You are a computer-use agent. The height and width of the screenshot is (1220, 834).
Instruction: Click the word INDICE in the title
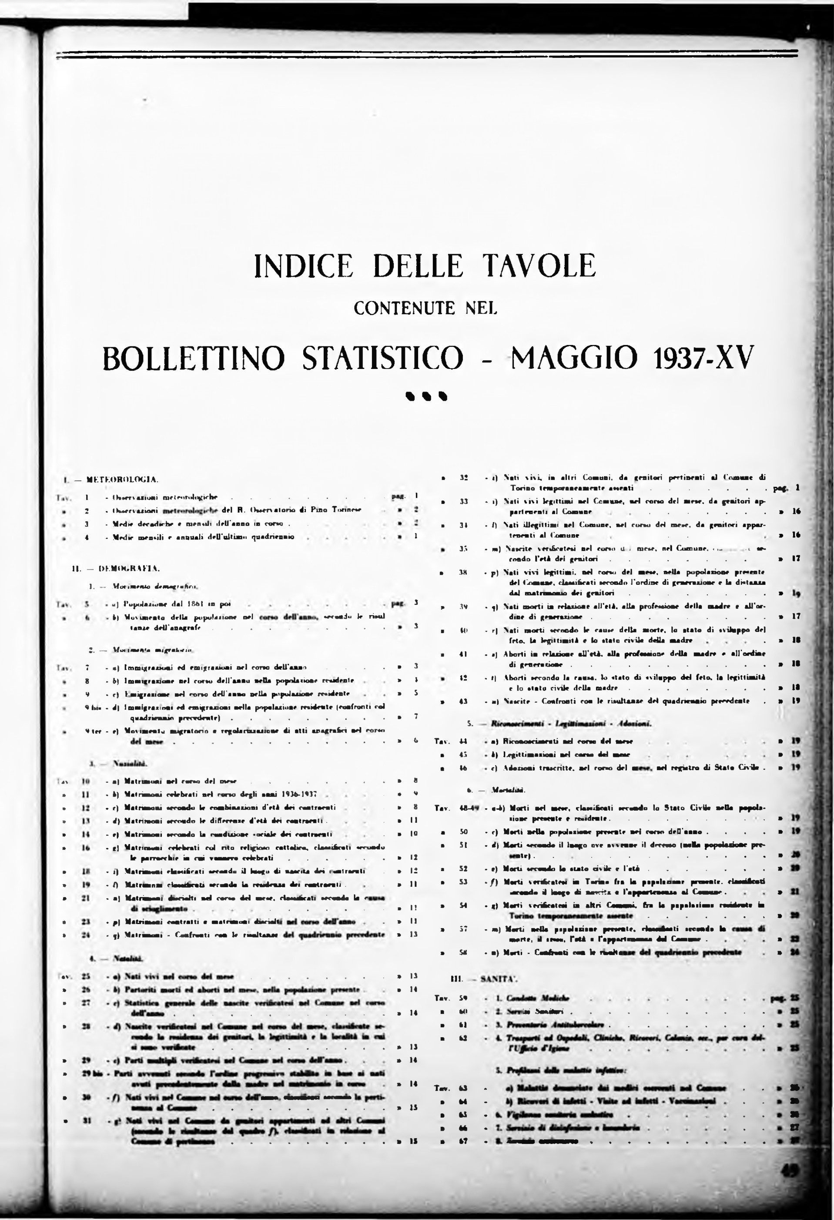[x=301, y=266]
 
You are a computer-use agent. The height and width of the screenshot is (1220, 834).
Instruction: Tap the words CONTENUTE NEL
[x=425, y=308]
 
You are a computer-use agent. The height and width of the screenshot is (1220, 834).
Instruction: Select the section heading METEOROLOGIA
[x=122, y=479]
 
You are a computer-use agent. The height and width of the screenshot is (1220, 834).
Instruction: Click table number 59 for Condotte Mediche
[x=463, y=998]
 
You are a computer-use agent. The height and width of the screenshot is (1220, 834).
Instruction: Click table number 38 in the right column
[x=463, y=572]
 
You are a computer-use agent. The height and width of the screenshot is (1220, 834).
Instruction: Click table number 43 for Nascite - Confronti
[x=463, y=701]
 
